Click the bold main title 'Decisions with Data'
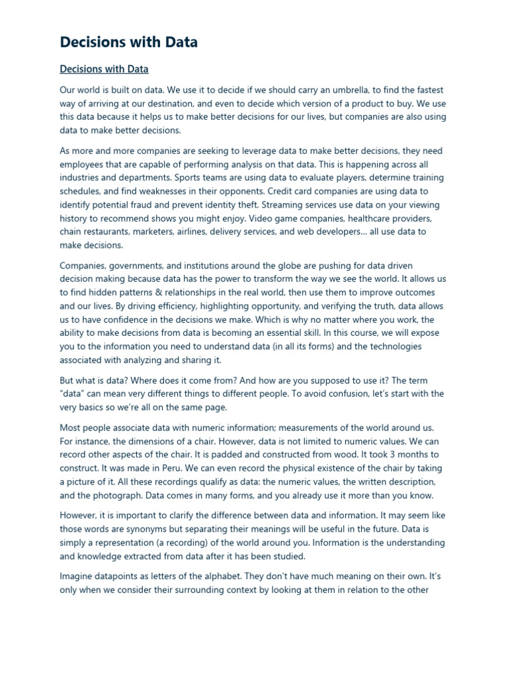[128, 42]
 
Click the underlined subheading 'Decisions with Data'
[104, 69]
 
